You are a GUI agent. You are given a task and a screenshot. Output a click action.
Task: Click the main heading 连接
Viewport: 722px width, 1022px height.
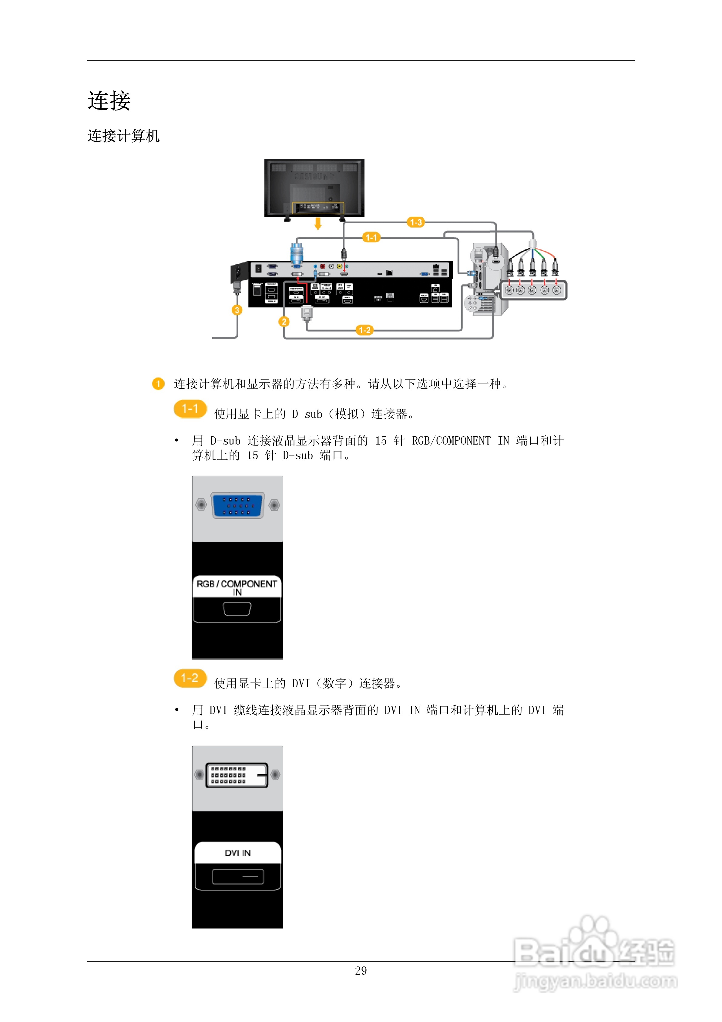[109, 101]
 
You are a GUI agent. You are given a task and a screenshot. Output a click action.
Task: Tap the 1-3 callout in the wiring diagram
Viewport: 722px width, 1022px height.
[415, 222]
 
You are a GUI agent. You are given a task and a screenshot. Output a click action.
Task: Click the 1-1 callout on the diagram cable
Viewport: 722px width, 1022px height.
[371, 237]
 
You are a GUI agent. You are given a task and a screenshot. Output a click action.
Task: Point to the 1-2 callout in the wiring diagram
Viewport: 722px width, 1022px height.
[364, 330]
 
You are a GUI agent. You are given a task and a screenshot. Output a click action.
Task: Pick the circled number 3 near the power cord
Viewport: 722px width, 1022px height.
[237, 310]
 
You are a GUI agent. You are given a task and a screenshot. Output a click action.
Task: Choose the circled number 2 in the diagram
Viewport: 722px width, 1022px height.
[284, 321]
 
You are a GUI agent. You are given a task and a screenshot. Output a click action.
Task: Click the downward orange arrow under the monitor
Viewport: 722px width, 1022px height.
[317, 223]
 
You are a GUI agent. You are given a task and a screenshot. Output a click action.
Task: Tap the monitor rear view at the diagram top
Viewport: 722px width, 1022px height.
[314, 187]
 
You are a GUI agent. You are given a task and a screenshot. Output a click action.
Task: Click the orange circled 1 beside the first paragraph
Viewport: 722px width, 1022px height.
[158, 384]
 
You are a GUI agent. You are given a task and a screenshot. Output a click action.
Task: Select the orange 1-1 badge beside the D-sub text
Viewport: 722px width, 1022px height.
[190, 409]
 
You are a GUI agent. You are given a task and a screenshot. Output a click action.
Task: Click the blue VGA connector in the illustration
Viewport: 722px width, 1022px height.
[237, 506]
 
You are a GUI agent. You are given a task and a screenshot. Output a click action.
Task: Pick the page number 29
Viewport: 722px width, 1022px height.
[361, 971]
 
